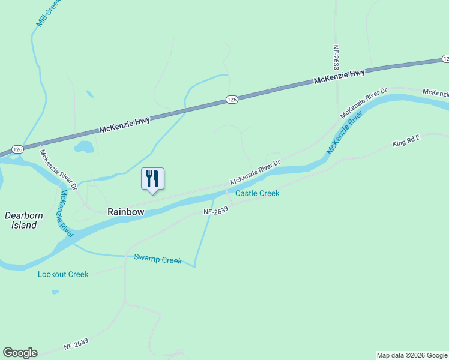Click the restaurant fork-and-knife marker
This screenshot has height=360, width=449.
click(152, 179)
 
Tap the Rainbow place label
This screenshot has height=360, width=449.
click(126, 212)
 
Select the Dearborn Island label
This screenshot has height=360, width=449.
click(21, 220)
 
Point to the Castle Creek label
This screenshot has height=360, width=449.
click(257, 193)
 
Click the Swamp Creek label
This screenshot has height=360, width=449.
click(158, 260)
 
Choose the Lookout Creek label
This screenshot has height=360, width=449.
click(63, 274)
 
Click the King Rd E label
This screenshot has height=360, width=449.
click(406, 142)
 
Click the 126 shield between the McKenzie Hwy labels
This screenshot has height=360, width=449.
click(232, 100)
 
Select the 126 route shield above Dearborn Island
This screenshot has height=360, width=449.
click(17, 149)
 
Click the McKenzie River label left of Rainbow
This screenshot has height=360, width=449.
click(66, 214)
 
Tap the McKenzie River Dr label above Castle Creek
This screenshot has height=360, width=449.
click(255, 172)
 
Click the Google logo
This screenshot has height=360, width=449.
click(20, 353)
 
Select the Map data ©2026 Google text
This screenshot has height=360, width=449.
click(412, 355)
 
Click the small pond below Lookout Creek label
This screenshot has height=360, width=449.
click(56, 292)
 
